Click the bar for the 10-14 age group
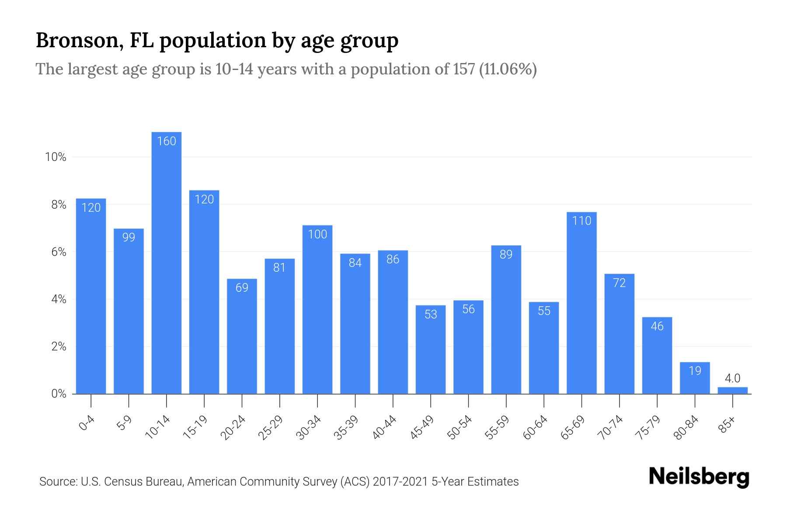pos(166,262)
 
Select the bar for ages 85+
pos(732,390)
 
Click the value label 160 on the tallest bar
pos(166,141)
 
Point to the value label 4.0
pos(732,378)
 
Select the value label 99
pos(129,237)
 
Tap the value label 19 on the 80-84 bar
pos(695,371)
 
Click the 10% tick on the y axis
pos(56,157)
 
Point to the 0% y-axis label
pos(59,394)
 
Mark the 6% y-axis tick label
pos(59,252)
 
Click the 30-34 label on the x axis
pos(309,428)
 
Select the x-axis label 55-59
pos(497,428)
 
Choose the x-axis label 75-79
pos(648,428)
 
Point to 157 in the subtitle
pos(464,69)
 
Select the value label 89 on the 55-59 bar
pos(506,254)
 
